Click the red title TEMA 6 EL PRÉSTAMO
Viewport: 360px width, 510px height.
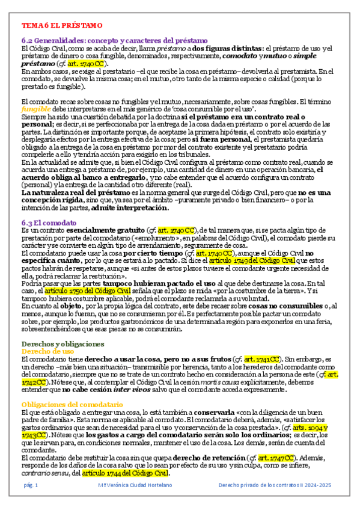coord(62,26)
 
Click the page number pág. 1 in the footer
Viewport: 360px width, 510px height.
coord(31,485)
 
